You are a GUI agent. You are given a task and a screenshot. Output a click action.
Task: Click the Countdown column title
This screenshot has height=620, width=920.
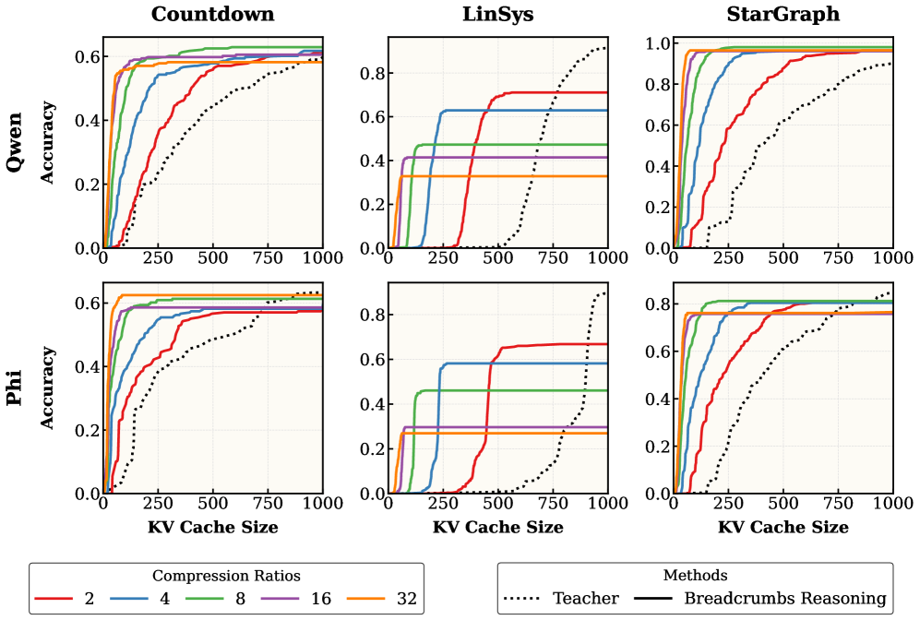click(x=213, y=15)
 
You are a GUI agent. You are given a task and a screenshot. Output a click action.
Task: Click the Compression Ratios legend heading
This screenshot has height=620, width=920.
click(x=226, y=576)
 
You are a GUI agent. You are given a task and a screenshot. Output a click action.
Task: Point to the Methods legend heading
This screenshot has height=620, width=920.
click(x=695, y=576)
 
